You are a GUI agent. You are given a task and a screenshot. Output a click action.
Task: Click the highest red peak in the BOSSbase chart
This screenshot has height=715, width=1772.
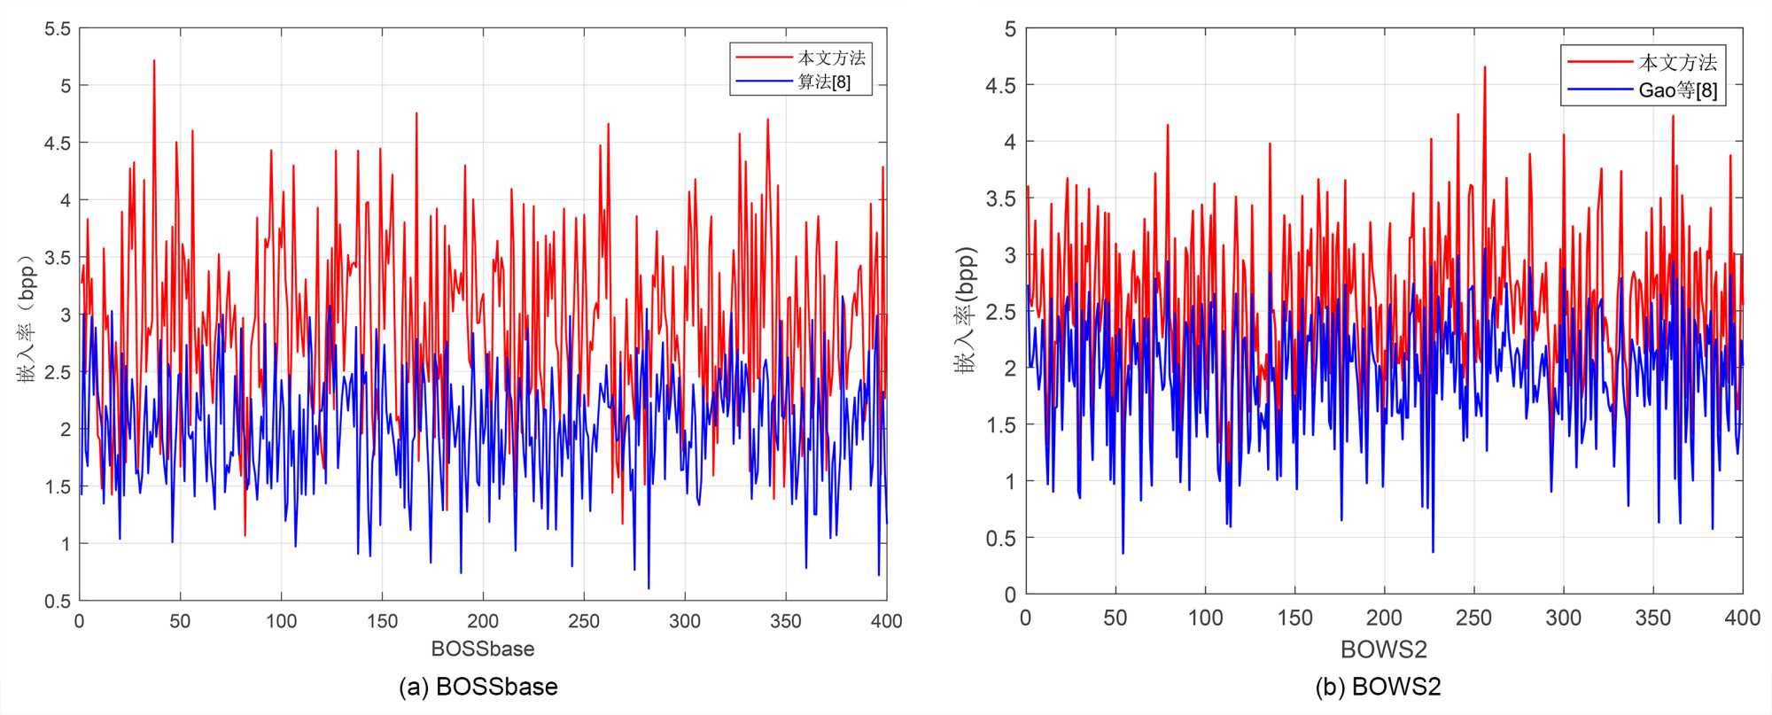(154, 61)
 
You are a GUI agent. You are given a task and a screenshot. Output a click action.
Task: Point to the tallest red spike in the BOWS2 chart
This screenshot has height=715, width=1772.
(1485, 67)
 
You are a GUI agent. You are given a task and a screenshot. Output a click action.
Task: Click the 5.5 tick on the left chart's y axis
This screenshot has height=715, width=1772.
(58, 29)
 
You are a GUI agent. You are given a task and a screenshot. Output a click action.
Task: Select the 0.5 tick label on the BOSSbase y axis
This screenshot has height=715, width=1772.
(58, 601)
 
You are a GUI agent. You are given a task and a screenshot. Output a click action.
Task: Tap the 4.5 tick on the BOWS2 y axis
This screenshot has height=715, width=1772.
(1002, 85)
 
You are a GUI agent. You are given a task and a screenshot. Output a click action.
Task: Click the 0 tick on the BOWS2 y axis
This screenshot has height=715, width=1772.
(1011, 595)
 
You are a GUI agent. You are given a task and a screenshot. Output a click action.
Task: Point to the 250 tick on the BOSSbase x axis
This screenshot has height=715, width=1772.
(584, 621)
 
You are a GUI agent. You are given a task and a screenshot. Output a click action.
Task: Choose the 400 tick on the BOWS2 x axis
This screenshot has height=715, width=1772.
(1742, 618)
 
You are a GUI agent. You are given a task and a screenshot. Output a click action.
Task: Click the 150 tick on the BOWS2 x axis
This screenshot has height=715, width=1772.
(1294, 618)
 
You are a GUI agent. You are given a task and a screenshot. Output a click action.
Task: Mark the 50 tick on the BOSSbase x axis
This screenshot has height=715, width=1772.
(180, 621)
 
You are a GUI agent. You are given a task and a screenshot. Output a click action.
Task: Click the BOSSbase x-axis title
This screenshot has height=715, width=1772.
(483, 649)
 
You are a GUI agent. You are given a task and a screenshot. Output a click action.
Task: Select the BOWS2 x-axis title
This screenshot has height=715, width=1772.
(1384, 649)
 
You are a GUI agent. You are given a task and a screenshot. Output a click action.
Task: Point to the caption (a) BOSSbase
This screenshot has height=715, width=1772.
(478, 687)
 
